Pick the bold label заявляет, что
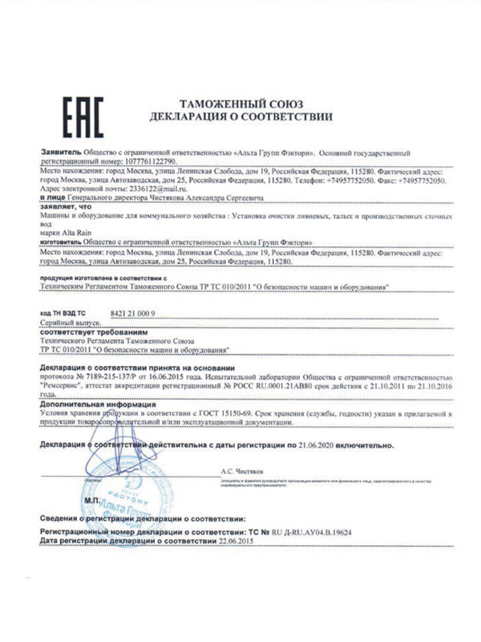pos(63,206)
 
